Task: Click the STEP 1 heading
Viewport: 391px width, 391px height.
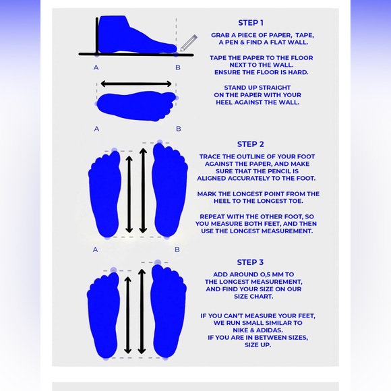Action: [x=251, y=23]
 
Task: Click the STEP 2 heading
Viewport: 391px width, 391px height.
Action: [x=250, y=144]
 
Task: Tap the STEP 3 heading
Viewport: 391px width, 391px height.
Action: [x=250, y=262]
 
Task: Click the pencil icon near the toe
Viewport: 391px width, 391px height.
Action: [x=189, y=43]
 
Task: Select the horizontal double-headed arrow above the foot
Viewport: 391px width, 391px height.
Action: [x=136, y=84]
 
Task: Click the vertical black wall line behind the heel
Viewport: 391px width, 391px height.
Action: [x=97, y=36]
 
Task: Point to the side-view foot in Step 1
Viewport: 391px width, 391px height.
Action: [x=138, y=34]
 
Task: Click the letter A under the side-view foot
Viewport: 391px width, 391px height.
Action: [x=96, y=67]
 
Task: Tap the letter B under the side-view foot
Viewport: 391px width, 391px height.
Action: [x=178, y=67]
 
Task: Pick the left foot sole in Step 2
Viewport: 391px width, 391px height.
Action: [x=104, y=193]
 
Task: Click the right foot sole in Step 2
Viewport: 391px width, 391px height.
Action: [x=170, y=189]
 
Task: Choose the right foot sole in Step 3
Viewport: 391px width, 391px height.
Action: [x=169, y=311]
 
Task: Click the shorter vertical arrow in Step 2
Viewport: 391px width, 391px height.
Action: [x=129, y=194]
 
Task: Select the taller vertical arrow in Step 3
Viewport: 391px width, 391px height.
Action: [x=142, y=311]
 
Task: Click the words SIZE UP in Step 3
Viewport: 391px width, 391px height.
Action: [x=258, y=345]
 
